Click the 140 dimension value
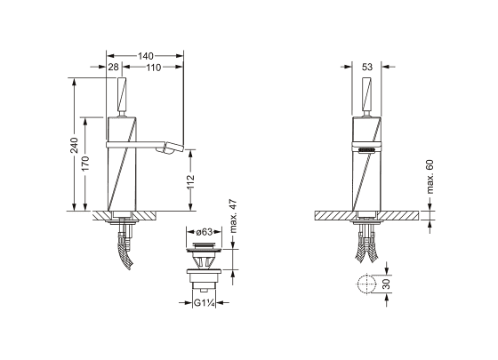tap(146, 56)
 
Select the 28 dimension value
tap(114, 67)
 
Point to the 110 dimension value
tap(154, 68)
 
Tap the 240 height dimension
tap(74, 145)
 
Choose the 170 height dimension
tap(85, 164)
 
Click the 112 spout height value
tap(190, 182)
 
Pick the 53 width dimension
tap(366, 67)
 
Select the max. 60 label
tap(430, 177)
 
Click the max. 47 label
tap(233, 216)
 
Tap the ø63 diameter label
tap(205, 232)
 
